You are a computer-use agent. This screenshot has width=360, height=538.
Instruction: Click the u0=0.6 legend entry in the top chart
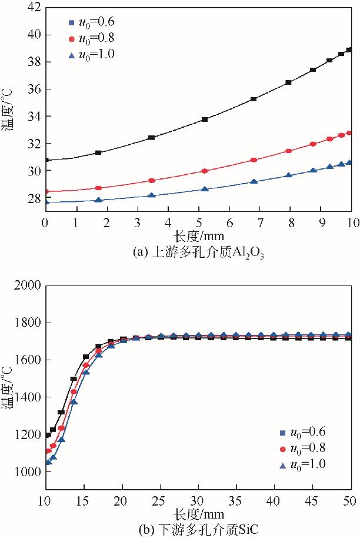pyautogui.click(x=91, y=23)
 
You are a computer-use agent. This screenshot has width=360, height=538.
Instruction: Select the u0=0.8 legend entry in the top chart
pyautogui.click(x=91, y=39)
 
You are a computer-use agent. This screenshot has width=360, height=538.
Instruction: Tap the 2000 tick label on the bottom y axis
pyautogui.click(x=27, y=286)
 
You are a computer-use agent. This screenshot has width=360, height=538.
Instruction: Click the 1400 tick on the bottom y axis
pyautogui.click(x=27, y=397)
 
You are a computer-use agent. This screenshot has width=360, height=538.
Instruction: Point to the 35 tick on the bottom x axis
pyautogui.click(x=236, y=501)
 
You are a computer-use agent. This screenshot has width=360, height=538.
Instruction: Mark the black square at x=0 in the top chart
pyautogui.click(x=45, y=160)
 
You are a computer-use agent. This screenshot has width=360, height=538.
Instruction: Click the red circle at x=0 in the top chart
pyautogui.click(x=45, y=191)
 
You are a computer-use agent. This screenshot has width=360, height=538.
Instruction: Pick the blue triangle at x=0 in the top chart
pyautogui.click(x=45, y=202)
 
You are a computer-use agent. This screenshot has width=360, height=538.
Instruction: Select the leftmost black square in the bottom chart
pyautogui.click(x=48, y=435)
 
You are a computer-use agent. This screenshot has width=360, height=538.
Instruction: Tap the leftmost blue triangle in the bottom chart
pyautogui.click(x=48, y=462)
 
